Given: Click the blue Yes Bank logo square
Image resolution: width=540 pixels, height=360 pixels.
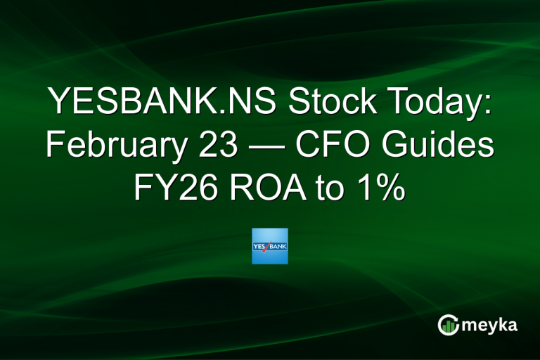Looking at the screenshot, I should pyautogui.click(x=270, y=246).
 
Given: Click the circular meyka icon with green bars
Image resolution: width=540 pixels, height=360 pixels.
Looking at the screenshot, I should pyautogui.click(x=448, y=325).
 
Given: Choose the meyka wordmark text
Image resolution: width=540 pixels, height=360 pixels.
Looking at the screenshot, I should pyautogui.click(x=490, y=326).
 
